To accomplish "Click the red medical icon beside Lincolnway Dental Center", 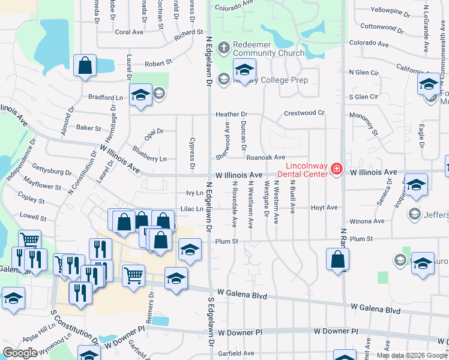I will tap(337, 170).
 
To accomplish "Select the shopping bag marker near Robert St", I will tap(85, 66).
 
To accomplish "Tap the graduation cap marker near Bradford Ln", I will tap(140, 96).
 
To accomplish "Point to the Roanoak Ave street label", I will tap(265, 157).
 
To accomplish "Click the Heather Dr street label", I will tap(232, 114).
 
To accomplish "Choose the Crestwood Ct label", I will tap(304, 113).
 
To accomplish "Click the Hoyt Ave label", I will tap(324, 208).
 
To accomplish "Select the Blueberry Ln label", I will tap(149, 159).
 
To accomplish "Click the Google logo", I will tap(20, 353).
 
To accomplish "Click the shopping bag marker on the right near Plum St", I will tap(337, 259).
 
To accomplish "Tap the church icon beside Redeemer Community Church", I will tap(224, 47).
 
